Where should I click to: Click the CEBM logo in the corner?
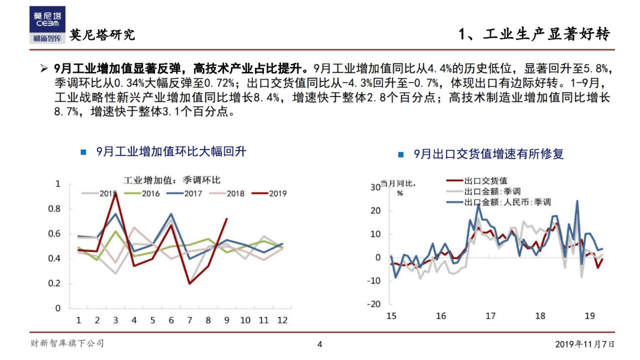point(47,24)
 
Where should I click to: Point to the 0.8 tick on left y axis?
point(54,209)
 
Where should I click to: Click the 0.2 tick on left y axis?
point(54,283)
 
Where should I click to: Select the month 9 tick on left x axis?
point(227,320)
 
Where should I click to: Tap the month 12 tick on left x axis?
point(282,320)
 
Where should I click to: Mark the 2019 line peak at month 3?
point(116,194)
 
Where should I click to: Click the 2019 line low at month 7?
point(189,283)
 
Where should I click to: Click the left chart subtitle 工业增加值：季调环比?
point(172,180)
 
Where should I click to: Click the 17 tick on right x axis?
point(490,316)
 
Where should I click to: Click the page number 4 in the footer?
point(320,344)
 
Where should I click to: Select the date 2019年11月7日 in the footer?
point(584,344)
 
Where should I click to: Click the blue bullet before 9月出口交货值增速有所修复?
point(401,154)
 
